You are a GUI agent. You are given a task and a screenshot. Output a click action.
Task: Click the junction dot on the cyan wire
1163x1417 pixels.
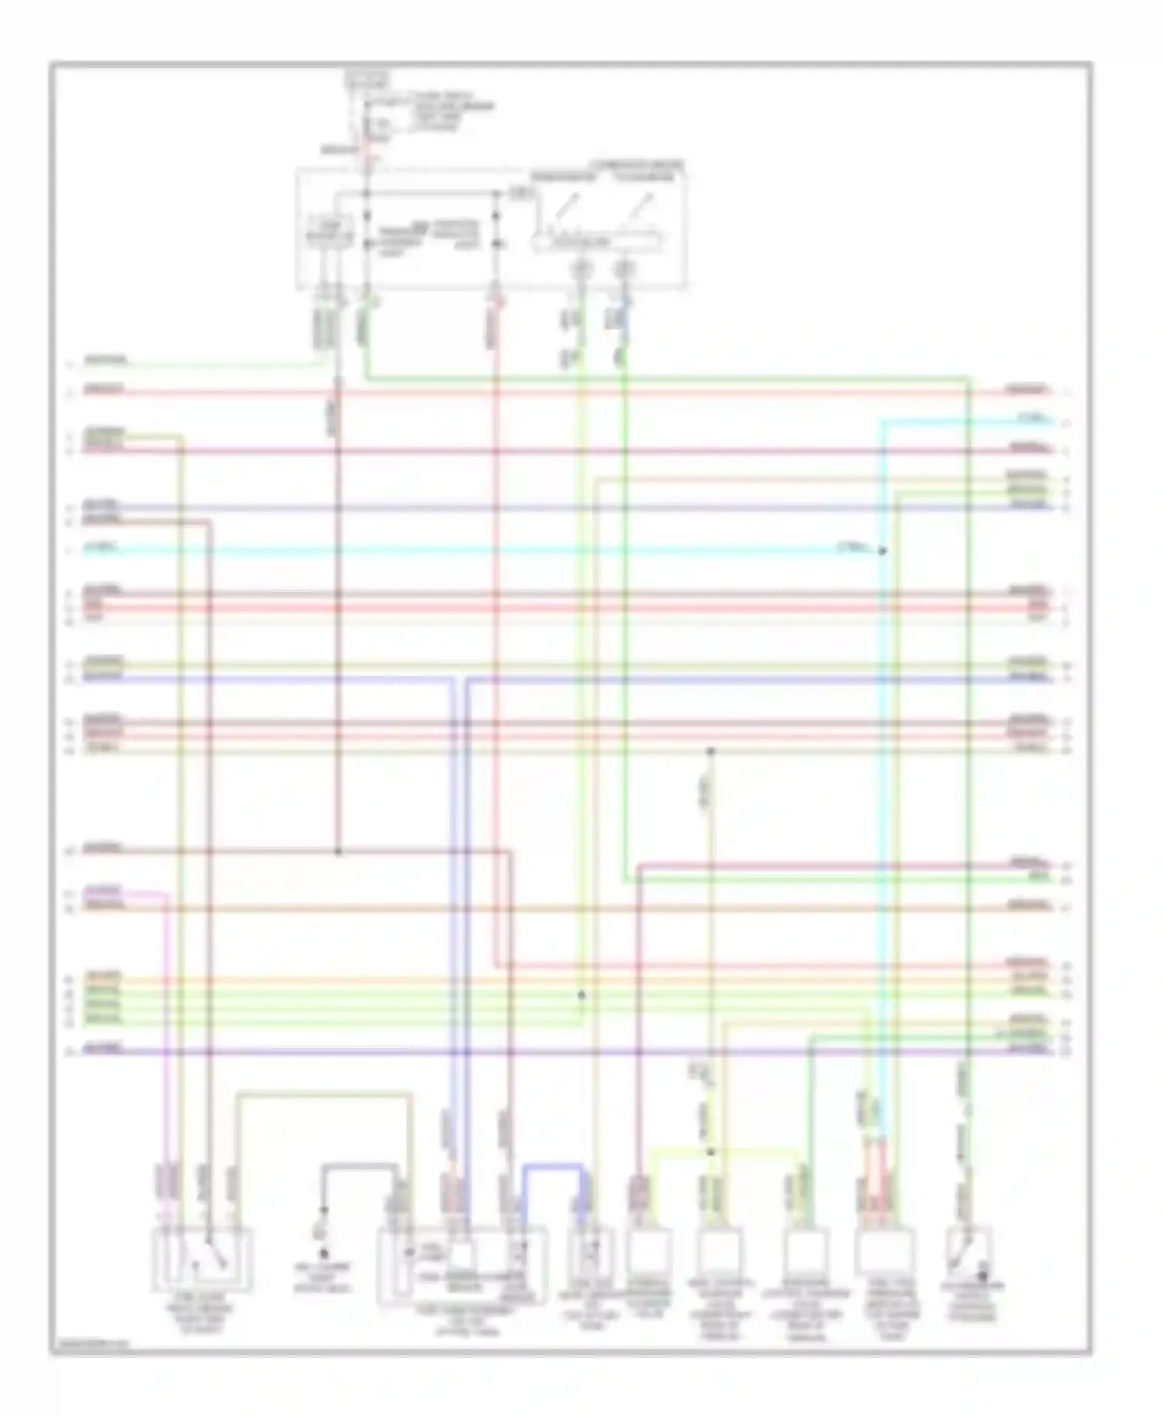click(882, 551)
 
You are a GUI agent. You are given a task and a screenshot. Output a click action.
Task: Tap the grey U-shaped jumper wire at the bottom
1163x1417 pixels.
click(361, 1165)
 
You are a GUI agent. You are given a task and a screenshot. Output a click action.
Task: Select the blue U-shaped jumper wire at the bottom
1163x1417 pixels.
click(552, 1165)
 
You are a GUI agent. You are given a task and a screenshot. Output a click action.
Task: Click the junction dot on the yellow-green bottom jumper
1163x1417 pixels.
click(710, 1152)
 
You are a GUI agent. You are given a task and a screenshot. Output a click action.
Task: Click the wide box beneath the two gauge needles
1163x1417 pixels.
click(597, 242)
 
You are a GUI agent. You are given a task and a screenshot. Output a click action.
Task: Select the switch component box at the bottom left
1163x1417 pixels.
click(203, 1260)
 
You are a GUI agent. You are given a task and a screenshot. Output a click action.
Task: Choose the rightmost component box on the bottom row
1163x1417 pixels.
click(970, 1250)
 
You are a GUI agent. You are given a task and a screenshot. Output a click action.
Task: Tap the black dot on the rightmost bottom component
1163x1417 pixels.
click(982, 1274)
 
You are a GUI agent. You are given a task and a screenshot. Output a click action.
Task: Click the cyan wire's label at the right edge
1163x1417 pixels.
click(1030, 420)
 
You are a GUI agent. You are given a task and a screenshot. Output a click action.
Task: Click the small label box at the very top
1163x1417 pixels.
click(367, 79)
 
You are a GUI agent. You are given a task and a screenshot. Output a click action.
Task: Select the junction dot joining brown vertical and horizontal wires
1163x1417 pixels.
click(338, 852)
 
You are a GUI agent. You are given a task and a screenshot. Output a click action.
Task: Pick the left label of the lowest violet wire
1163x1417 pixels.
click(103, 1049)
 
